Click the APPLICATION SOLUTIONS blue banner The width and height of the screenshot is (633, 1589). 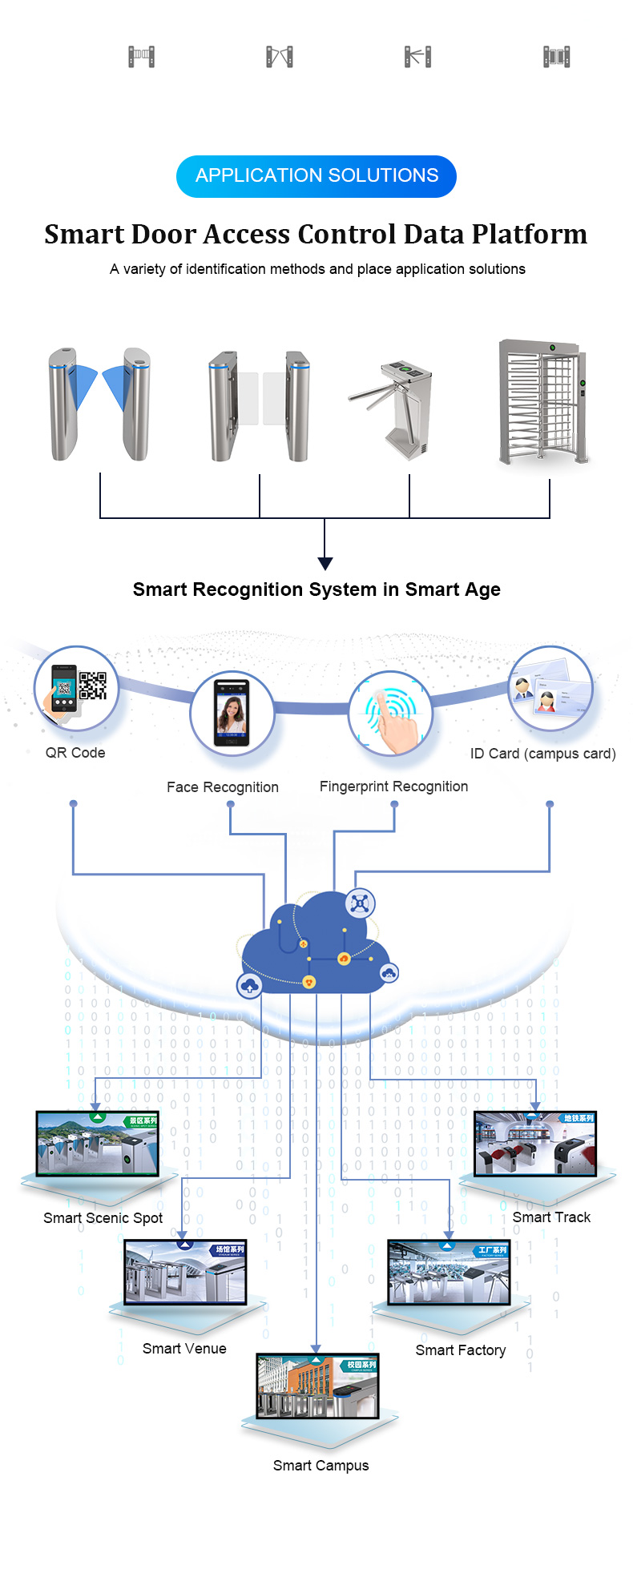point(316,176)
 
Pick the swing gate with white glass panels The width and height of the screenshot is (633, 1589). point(260,404)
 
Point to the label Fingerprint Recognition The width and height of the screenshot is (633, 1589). point(393,786)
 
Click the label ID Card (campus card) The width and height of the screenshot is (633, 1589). point(542,754)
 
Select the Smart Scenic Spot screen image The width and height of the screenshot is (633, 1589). point(97,1143)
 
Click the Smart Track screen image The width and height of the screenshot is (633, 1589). point(535,1143)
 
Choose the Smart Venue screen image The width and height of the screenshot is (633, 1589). point(184,1272)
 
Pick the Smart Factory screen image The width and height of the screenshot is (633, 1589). point(449,1273)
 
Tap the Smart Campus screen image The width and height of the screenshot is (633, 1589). point(317,1386)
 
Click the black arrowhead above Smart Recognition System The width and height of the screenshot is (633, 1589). point(325,563)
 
